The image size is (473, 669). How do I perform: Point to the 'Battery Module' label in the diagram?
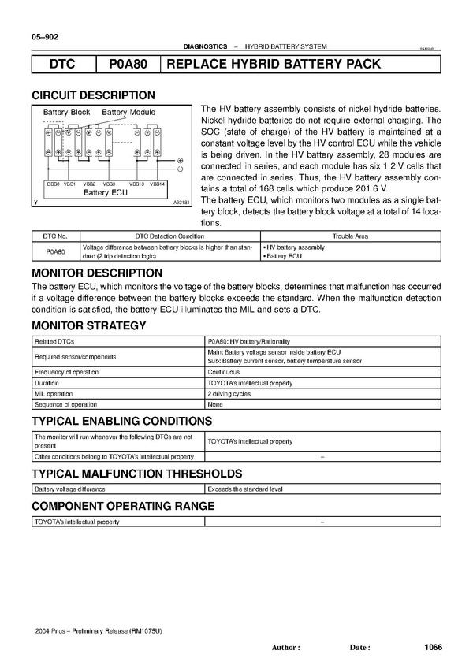coord(128,113)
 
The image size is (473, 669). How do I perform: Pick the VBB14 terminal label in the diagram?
coord(158,184)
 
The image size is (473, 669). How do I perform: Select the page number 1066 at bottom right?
coord(433,647)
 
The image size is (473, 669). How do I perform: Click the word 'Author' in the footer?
coord(285,648)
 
